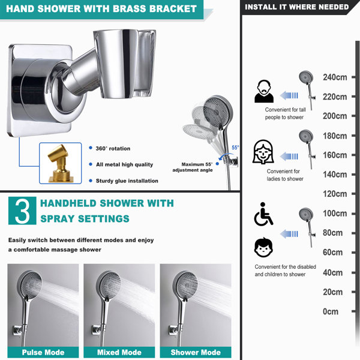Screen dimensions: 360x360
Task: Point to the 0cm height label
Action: [331, 311]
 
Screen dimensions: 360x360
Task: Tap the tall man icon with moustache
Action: [265, 91]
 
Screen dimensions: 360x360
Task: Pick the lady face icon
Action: [263, 152]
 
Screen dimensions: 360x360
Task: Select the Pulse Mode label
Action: [43, 352]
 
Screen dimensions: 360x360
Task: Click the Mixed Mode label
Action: [119, 352]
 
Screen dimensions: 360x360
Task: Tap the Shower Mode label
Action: [195, 352]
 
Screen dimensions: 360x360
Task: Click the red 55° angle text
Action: [235, 147]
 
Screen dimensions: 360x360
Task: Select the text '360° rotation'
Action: [112, 148]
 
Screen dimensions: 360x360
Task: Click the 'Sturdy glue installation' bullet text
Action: [127, 181]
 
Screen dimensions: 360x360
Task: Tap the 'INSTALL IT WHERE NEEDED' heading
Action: [297, 7]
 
